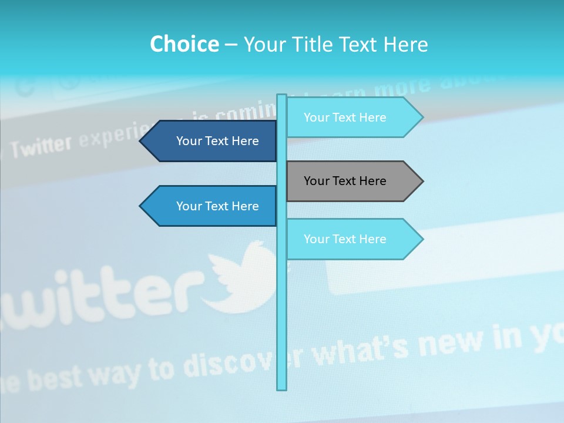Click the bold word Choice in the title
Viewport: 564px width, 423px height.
coord(184,44)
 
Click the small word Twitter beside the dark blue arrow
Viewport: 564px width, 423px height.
coord(41,147)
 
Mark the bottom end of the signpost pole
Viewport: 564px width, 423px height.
coord(281,388)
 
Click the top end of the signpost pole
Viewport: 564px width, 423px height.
coord(281,95)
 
